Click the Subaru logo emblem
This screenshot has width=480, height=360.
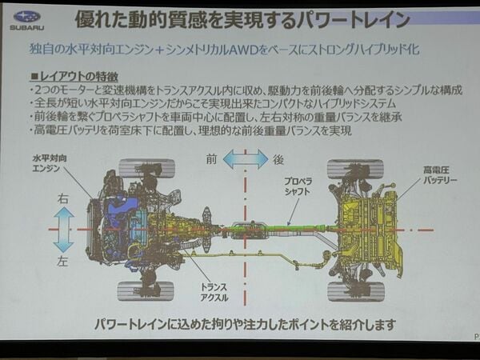pos(27,17)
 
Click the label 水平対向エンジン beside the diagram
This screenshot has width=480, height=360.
pos(49,163)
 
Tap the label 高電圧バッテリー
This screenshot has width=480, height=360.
pos(439,174)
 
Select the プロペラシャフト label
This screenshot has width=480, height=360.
pos(298,186)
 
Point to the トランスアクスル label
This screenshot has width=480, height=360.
pos(214,292)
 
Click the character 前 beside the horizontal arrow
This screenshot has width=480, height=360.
pos(211,159)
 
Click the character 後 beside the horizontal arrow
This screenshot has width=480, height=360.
pos(278,159)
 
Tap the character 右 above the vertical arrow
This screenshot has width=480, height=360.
pos(63,198)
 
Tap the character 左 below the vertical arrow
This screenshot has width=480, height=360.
pos(62,261)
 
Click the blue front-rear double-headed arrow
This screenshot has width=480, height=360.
pos(246,159)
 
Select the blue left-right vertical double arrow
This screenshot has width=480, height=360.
pos(64,230)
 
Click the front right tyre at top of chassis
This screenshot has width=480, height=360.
pos(147,168)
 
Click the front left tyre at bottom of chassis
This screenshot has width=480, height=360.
pos(146,291)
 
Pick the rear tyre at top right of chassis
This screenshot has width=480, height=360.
pos(355,169)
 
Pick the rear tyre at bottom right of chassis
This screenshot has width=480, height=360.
pos(356,291)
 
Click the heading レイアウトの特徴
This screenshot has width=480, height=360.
pos(74,76)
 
